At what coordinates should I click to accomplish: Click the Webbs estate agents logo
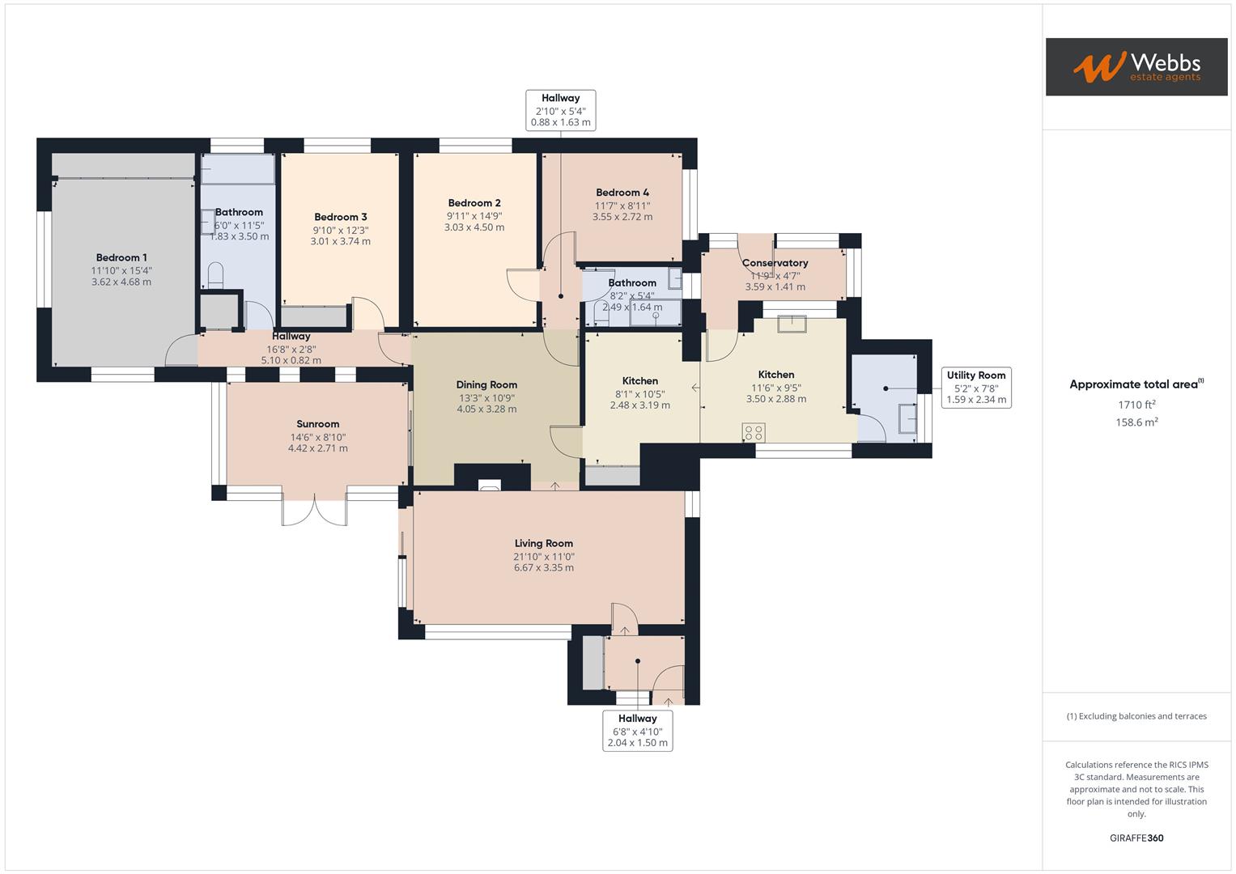click(1136, 66)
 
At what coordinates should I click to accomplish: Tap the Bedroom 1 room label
click(121, 257)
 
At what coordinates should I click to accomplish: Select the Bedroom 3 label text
click(341, 217)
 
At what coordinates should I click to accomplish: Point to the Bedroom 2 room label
click(474, 203)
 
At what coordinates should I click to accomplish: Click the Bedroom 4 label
click(622, 193)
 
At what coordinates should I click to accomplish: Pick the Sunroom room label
click(317, 424)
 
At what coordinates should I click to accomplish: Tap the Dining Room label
click(486, 385)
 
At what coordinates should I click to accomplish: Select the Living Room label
click(543, 544)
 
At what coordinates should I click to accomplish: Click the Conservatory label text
click(775, 263)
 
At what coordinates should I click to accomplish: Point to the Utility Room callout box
click(976, 388)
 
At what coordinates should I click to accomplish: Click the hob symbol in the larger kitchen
click(754, 432)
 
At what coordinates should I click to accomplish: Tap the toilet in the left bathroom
click(215, 275)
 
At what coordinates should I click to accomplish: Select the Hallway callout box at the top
click(561, 110)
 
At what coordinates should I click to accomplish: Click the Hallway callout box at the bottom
click(638, 731)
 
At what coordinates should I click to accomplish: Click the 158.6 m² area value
click(1136, 422)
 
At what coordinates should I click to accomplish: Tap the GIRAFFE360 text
click(1136, 838)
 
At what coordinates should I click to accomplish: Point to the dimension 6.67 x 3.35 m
click(543, 568)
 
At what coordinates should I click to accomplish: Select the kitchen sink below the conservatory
click(791, 324)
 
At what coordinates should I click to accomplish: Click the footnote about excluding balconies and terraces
click(1136, 716)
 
